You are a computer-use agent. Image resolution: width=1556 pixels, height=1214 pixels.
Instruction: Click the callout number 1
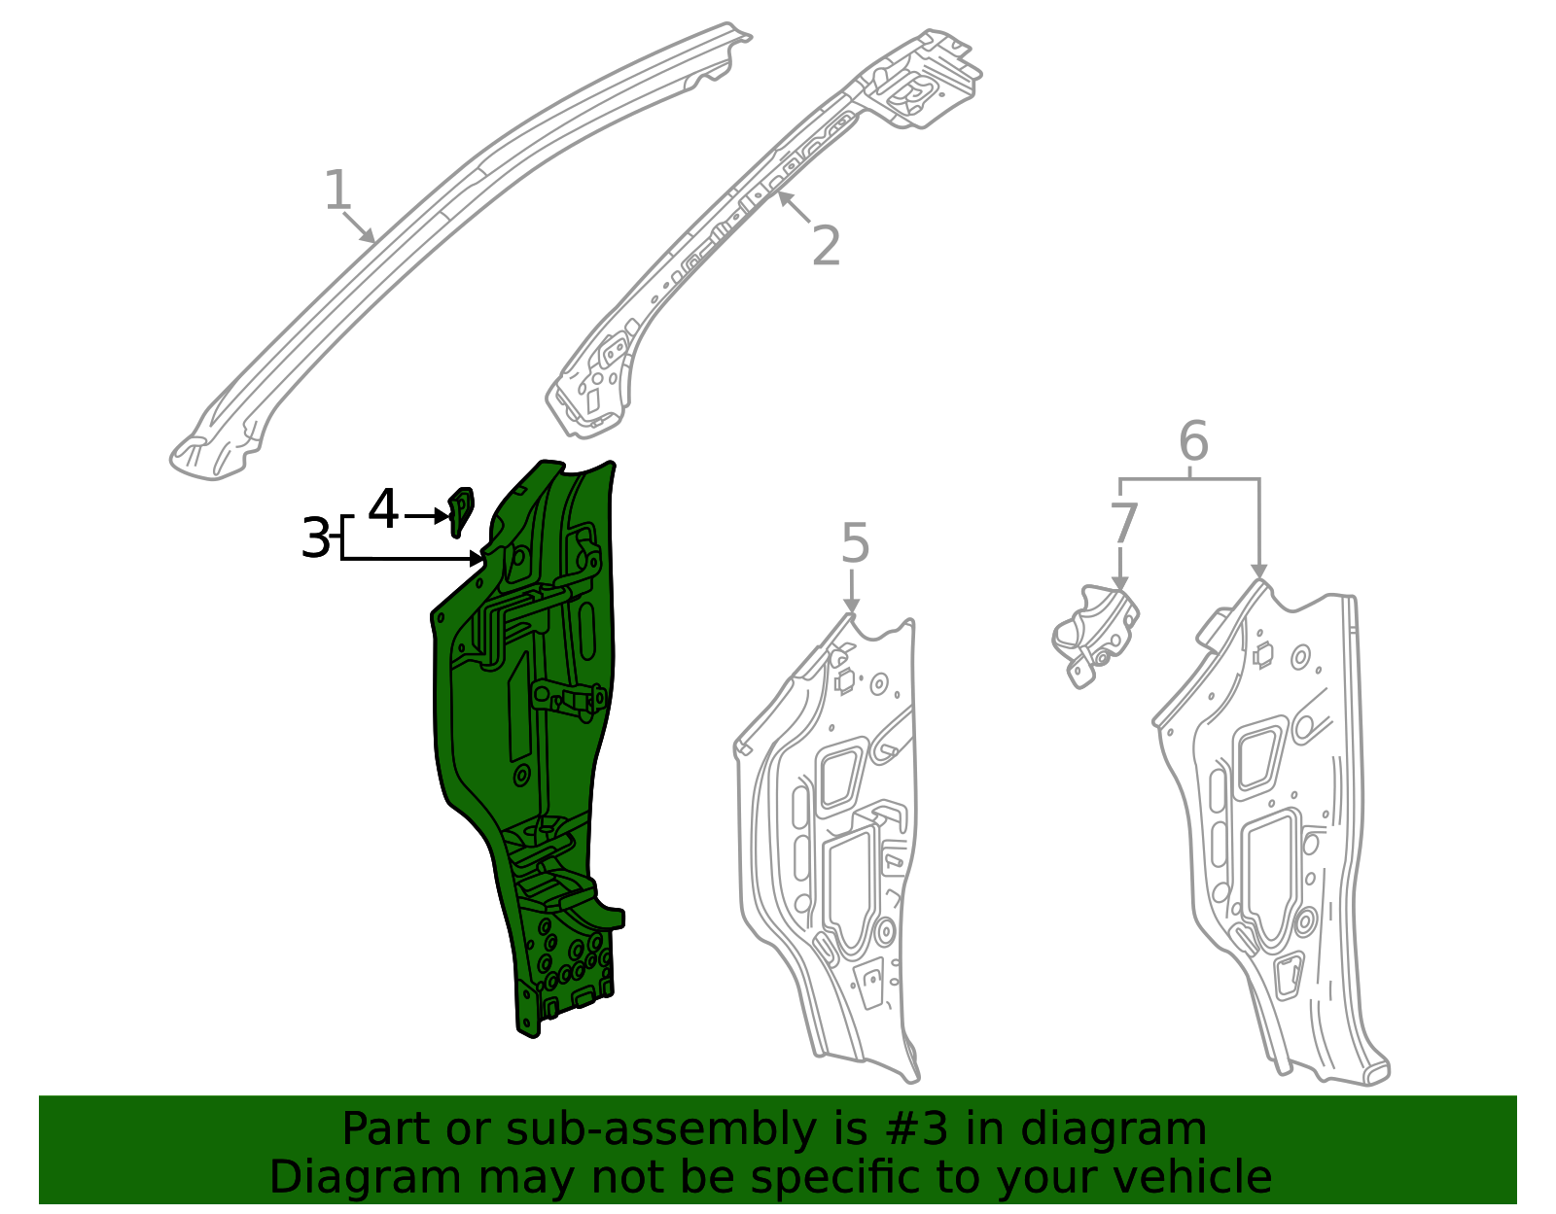point(336,191)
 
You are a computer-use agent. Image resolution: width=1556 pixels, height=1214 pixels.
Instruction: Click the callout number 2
point(826,246)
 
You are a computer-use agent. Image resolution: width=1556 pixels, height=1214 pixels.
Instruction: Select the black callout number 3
point(315,538)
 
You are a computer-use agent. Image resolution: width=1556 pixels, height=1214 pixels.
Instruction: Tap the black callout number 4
point(383,509)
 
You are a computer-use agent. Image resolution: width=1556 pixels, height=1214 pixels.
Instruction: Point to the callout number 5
point(854,543)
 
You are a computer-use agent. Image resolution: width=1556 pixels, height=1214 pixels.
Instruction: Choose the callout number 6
point(1193,441)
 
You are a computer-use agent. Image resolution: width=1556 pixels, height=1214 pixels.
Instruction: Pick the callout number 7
point(1123,525)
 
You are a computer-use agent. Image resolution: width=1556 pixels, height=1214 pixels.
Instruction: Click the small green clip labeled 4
point(460,509)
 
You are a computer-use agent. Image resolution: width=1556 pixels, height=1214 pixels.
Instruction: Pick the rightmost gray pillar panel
point(1274,836)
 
